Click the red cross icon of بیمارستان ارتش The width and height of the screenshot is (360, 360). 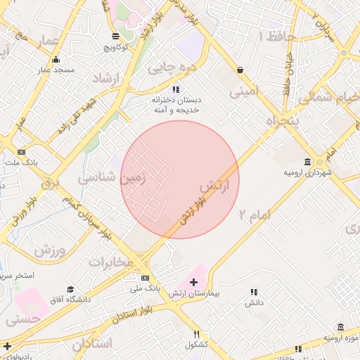click(x=194, y=282)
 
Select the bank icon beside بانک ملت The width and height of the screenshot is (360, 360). click(x=22, y=152)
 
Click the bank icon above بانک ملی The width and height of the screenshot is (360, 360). click(x=146, y=278)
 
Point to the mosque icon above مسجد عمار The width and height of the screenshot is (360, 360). click(x=56, y=59)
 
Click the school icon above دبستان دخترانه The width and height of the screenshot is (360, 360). click(x=176, y=90)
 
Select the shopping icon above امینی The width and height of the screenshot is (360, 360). click(x=241, y=70)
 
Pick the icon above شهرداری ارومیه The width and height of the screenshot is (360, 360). click(x=307, y=161)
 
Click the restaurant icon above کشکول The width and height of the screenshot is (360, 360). click(x=197, y=334)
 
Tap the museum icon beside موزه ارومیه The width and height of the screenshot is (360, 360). click(x=341, y=328)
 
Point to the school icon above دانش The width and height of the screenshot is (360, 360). click(x=254, y=292)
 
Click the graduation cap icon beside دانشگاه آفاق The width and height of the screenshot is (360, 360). click(x=70, y=290)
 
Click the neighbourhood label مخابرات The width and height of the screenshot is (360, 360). click(x=110, y=262)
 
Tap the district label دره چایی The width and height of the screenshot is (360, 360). click(x=168, y=68)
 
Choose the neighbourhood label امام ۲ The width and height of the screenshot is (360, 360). click(x=255, y=214)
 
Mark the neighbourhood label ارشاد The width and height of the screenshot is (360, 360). click(x=108, y=79)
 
